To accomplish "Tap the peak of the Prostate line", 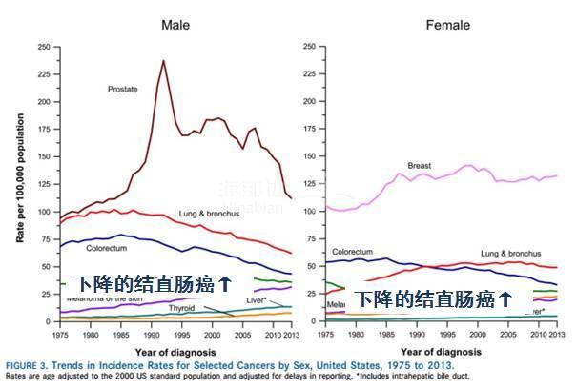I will tap(163, 61).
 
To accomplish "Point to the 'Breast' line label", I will tap(420, 166).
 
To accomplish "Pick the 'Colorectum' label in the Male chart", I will tap(107, 248).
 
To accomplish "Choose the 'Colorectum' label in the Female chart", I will tap(352, 252).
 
